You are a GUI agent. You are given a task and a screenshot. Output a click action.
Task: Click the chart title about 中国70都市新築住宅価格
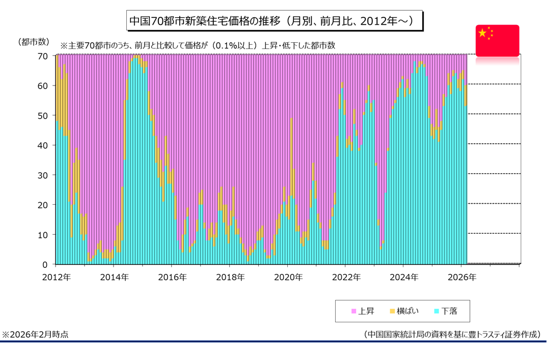[273, 21]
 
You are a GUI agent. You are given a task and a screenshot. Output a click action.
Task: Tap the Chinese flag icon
[497, 40]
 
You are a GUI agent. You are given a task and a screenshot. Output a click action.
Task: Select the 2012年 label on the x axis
[56, 278]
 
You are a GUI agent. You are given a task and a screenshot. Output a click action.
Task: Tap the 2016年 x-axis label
[172, 278]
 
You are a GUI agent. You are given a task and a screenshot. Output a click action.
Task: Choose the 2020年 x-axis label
[288, 278]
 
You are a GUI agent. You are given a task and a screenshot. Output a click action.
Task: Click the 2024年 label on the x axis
[404, 278]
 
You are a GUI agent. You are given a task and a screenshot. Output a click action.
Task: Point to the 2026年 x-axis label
[462, 278]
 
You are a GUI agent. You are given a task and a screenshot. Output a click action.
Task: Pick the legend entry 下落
[449, 311]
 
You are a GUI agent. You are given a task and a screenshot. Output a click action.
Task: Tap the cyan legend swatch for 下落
[436, 311]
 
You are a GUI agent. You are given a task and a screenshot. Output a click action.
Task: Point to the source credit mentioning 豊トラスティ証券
[452, 335]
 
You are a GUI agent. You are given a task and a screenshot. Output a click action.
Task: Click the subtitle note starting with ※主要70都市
[198, 45]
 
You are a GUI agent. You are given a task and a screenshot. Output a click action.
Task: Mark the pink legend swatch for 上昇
[354, 311]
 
